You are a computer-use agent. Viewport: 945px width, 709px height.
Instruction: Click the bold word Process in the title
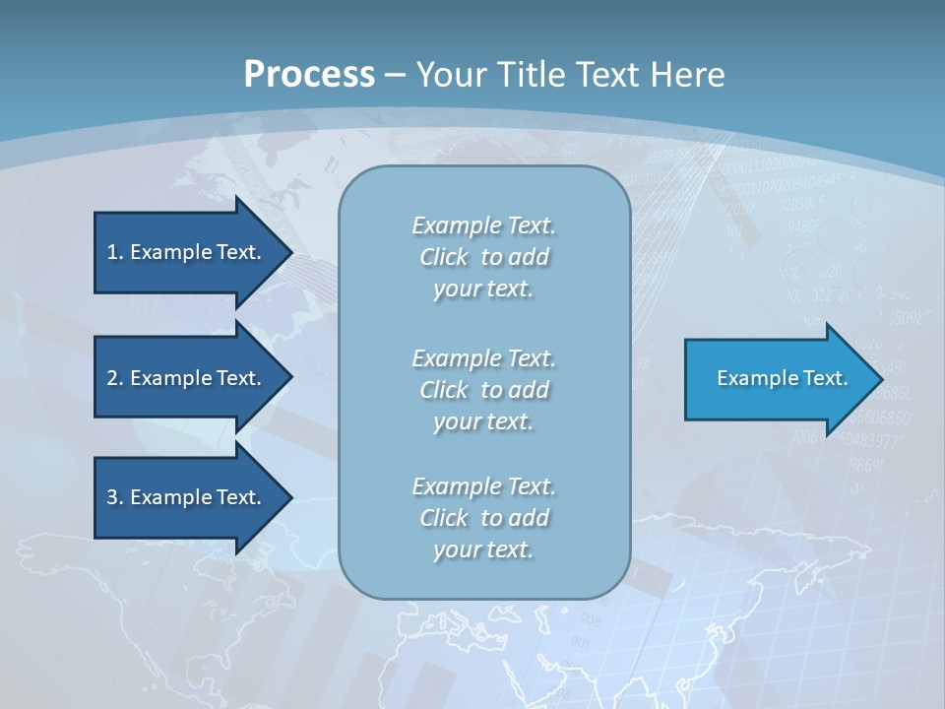point(309,75)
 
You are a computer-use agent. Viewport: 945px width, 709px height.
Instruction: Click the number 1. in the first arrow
point(114,252)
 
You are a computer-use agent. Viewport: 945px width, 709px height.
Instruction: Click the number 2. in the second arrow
point(114,378)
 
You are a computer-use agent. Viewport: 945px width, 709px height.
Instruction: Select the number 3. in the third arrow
point(114,497)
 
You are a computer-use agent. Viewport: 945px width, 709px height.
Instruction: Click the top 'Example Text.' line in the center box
point(483,226)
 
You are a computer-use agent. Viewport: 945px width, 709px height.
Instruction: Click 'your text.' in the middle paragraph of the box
point(483,421)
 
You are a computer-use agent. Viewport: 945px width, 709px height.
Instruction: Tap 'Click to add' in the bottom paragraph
point(483,518)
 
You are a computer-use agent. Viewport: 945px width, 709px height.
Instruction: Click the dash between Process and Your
point(395,75)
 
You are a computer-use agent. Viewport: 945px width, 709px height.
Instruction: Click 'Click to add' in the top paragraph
point(483,257)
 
